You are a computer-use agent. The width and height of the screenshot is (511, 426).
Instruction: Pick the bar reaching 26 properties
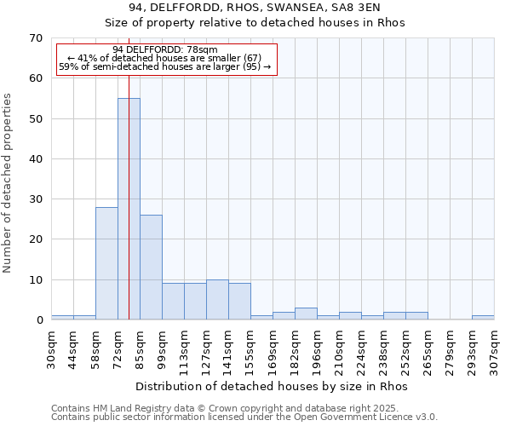[151, 268]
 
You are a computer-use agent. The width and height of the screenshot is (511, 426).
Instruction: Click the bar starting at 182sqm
[306, 314]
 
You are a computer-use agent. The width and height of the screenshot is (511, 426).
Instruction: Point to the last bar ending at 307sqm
[483, 318]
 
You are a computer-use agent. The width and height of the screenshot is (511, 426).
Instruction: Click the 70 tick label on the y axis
[35, 38]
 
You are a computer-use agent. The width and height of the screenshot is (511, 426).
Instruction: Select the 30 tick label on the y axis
[35, 199]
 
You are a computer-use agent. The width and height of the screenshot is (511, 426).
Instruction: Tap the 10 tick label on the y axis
[35, 280]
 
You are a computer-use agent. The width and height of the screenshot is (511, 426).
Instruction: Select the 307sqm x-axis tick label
[494, 349]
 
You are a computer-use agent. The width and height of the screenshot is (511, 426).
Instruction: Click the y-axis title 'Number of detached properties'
[8, 183]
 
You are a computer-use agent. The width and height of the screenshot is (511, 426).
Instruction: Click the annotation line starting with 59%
[165, 67]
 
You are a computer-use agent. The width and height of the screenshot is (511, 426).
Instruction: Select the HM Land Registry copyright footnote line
[231, 408]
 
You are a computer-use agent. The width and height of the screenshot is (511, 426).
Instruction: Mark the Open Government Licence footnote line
[244, 417]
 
